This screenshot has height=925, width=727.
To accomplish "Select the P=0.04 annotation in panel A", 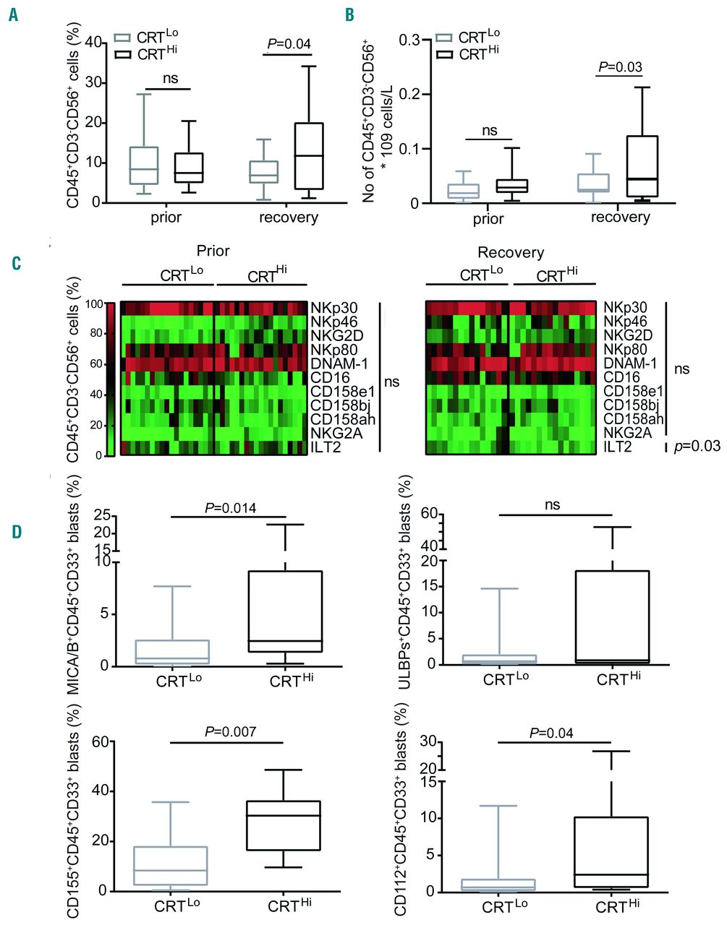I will click(288, 44).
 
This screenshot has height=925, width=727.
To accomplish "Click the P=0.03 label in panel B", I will click(620, 68).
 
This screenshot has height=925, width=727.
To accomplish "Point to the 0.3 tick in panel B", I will click(409, 40).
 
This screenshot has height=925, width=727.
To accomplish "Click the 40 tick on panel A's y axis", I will click(92, 43).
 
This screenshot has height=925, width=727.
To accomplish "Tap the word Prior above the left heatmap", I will click(213, 251).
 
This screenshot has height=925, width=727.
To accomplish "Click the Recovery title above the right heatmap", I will click(511, 252).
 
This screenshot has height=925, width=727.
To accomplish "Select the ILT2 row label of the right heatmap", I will click(618, 447).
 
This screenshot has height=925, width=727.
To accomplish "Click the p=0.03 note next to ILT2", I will click(697, 446).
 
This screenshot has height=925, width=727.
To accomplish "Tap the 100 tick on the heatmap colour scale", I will click(94, 304).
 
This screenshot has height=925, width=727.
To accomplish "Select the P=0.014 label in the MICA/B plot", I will click(230, 507).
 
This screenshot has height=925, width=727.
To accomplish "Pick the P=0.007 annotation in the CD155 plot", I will click(230, 732).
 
